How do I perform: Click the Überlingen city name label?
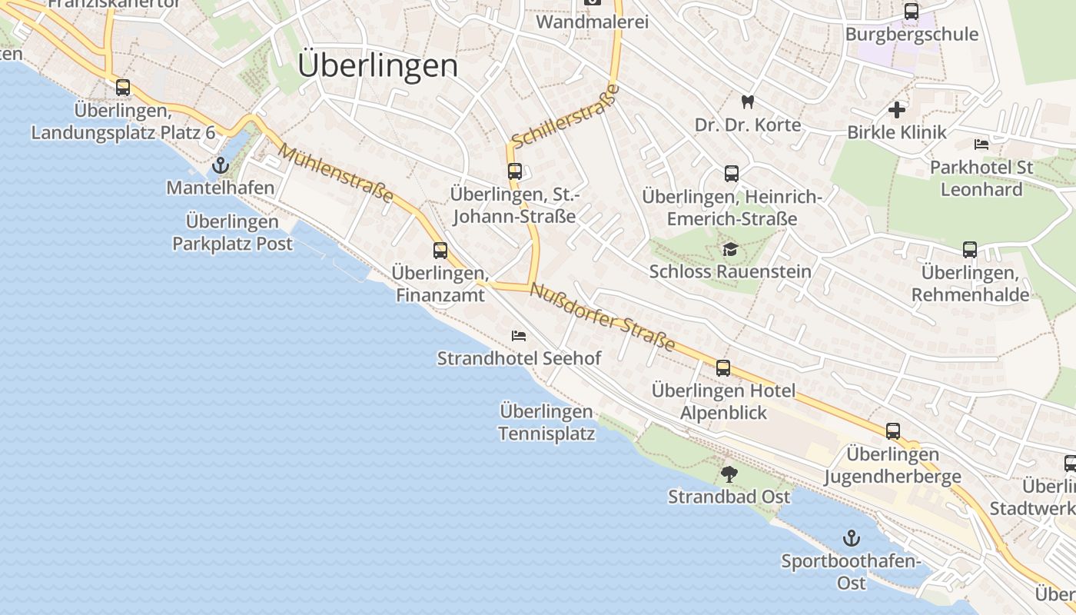pyautogui.click(x=377, y=65)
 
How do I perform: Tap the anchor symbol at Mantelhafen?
pyautogui.click(x=221, y=165)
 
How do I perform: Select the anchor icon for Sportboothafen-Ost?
pyautogui.click(x=851, y=538)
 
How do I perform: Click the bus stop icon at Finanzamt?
pyautogui.click(x=440, y=251)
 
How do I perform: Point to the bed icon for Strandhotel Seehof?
pyautogui.click(x=519, y=336)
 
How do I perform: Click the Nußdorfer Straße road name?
pyautogui.click(x=603, y=317)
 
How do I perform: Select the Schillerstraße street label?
pyautogui.click(x=565, y=116)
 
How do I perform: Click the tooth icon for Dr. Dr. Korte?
pyautogui.click(x=746, y=101)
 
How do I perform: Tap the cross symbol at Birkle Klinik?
pyautogui.click(x=896, y=110)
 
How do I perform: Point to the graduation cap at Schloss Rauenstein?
pyautogui.click(x=729, y=249)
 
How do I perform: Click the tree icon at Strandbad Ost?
pyautogui.click(x=729, y=474)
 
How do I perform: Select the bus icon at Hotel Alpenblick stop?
pyautogui.click(x=723, y=368)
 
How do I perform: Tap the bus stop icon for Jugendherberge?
pyautogui.click(x=892, y=431)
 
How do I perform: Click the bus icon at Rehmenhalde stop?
pyautogui.click(x=970, y=250)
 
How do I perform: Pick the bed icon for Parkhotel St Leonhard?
pyautogui.click(x=981, y=145)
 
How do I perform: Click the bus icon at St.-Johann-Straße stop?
pyautogui.click(x=514, y=171)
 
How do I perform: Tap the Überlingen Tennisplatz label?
pyautogui.click(x=546, y=423)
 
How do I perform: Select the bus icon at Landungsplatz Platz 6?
pyautogui.click(x=123, y=88)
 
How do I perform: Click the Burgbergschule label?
pyautogui.click(x=912, y=35)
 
